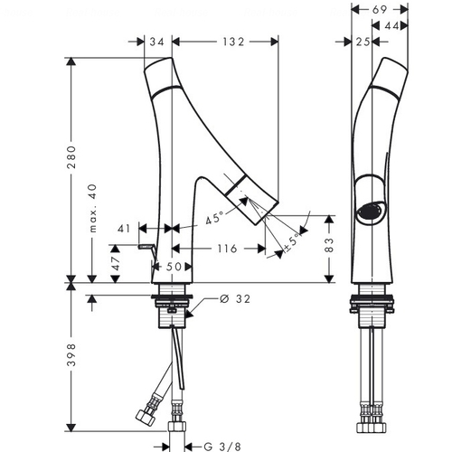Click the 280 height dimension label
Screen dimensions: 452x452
tap(71, 157)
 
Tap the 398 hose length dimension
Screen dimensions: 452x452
tap(71, 354)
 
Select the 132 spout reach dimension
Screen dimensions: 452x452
tap(233, 42)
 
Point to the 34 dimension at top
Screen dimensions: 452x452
tap(157, 42)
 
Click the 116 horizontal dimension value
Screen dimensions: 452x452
tap(227, 249)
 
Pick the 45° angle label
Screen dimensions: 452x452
tap(214, 218)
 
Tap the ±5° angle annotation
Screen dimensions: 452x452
tap(292, 242)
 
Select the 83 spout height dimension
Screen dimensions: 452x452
tap(329, 245)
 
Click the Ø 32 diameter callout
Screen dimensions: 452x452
tap(235, 299)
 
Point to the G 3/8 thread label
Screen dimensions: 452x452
tap(222, 447)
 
